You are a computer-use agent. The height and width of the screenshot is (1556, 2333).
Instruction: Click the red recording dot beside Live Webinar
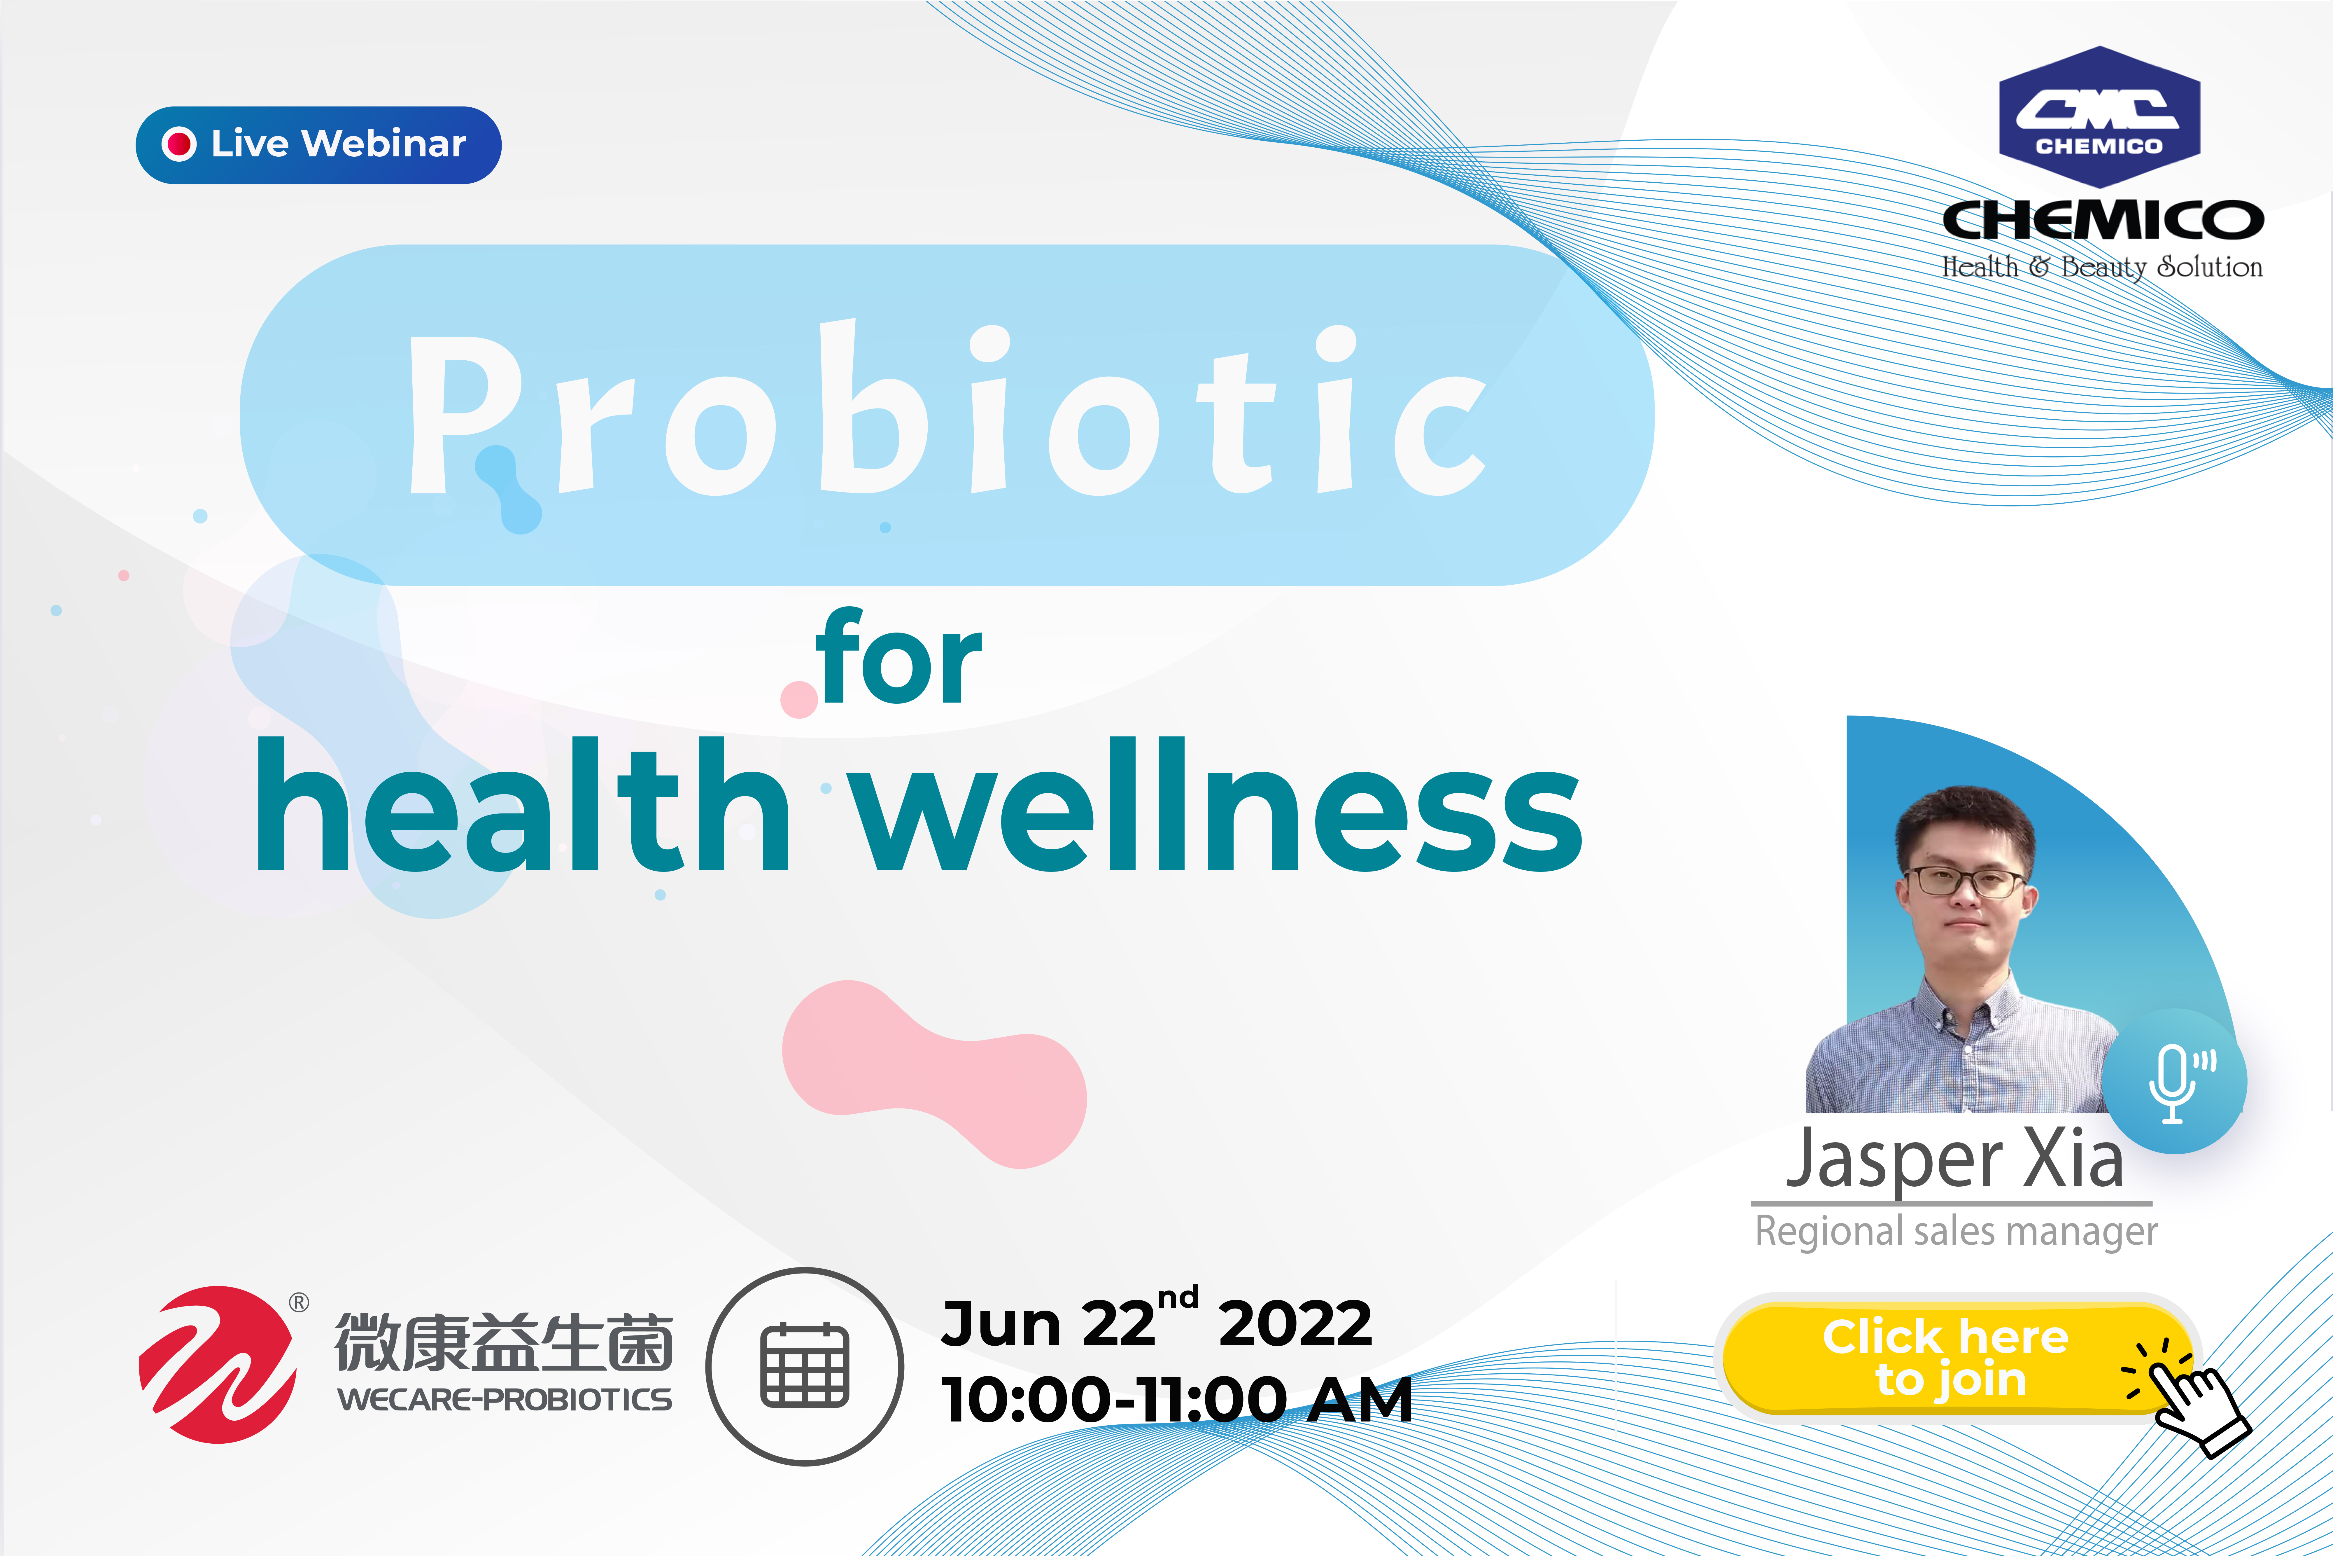click(178, 144)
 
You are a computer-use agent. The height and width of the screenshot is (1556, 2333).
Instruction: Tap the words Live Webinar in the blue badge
click(338, 144)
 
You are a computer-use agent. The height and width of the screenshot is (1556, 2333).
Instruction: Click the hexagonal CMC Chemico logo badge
click(2099, 117)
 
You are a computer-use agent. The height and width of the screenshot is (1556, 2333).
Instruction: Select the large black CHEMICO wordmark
click(2102, 219)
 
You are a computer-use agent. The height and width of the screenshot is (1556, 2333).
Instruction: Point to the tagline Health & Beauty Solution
click(2102, 267)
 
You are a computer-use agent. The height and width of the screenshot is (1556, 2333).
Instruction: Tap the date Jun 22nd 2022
click(1157, 1320)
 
